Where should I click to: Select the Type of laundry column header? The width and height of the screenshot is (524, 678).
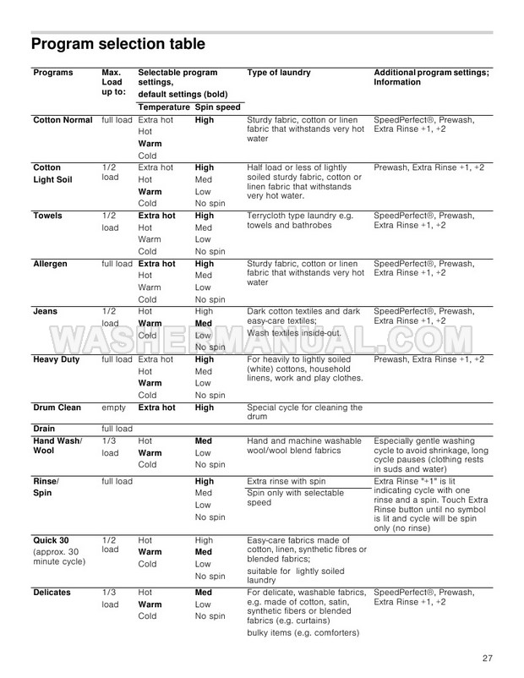[x=279, y=73]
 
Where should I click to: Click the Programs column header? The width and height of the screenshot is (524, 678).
[x=53, y=73]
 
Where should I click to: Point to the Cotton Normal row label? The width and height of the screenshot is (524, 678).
[x=63, y=120]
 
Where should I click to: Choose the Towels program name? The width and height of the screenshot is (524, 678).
[x=48, y=216]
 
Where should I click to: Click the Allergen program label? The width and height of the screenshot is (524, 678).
[x=52, y=264]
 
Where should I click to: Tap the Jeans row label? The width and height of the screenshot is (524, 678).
[x=45, y=311]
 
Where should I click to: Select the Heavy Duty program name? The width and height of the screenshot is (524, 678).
[x=57, y=359]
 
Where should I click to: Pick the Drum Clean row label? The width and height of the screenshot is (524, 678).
[x=57, y=407]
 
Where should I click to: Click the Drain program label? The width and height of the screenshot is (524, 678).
[x=44, y=429]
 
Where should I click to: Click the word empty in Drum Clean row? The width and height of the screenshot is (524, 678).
[x=113, y=407]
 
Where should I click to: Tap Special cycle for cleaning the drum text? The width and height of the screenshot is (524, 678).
[x=303, y=413]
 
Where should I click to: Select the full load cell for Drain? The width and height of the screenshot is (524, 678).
[x=117, y=429]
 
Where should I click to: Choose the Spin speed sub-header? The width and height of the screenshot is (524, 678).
[x=217, y=107]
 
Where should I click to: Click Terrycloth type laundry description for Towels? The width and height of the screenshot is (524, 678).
[x=303, y=221]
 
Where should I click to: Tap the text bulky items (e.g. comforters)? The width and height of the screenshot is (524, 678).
[x=303, y=633]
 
